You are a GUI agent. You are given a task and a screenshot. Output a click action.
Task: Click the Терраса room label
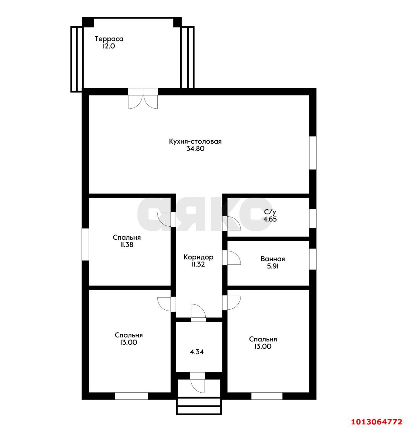point(109,39)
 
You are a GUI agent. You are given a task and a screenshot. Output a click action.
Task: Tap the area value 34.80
point(195,149)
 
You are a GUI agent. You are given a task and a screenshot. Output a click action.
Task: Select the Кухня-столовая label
point(195,141)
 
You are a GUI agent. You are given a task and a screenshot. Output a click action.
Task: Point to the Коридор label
point(198,257)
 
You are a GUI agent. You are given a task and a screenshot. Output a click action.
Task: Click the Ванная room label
point(273,259)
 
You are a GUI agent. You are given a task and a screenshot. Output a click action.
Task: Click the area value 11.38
point(127,244)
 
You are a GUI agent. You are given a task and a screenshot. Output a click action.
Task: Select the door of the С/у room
point(231,223)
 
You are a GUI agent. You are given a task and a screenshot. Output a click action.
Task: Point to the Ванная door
point(231,258)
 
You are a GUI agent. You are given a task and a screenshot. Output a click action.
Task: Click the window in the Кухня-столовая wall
point(313,153)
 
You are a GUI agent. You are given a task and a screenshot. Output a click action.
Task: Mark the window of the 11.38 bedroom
point(85,244)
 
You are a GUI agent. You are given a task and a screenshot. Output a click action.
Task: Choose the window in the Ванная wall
point(313,259)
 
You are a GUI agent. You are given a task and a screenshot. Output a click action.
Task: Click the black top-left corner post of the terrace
point(88,22)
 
